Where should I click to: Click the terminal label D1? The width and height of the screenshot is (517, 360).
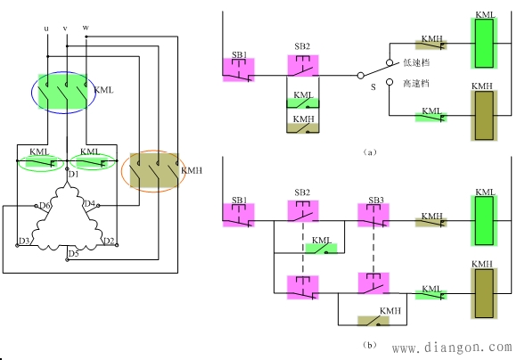click(x=73, y=174)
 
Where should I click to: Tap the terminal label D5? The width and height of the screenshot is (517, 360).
click(x=73, y=253)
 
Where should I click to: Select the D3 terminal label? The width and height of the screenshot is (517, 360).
click(x=24, y=241)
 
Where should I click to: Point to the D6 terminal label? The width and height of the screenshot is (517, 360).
click(x=45, y=206)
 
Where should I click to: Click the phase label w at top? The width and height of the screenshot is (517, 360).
click(x=86, y=28)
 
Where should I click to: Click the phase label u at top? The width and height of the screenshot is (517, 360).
click(x=46, y=29)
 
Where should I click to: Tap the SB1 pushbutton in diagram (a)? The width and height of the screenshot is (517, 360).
click(x=239, y=70)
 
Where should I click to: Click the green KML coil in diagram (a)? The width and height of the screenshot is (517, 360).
click(x=484, y=43)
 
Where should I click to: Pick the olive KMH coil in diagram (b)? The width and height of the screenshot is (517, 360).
click(x=484, y=294)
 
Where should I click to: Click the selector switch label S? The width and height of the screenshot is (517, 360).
click(x=373, y=87)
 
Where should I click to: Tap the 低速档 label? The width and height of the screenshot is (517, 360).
click(x=416, y=62)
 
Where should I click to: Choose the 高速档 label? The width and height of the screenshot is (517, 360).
click(x=416, y=84)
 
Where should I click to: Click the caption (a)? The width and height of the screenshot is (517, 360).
click(x=370, y=152)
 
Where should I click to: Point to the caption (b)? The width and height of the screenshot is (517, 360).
click(x=370, y=345)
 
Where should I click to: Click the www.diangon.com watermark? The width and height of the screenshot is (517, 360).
click(x=452, y=348)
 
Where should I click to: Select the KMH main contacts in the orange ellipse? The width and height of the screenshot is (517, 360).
click(x=154, y=170)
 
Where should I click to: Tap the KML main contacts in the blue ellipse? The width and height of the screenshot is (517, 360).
click(x=63, y=91)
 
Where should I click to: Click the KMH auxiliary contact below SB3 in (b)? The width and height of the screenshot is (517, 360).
click(x=373, y=321)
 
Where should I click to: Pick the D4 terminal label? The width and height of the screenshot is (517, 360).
click(x=90, y=203)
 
